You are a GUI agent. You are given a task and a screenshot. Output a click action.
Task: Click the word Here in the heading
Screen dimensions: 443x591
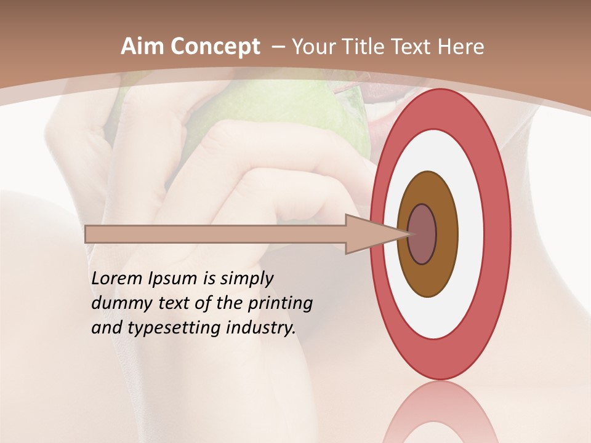[461, 47]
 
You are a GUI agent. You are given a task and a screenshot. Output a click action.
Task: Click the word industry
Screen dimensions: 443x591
[260, 328]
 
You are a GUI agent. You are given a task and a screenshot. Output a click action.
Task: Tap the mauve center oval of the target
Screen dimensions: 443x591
[423, 234]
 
